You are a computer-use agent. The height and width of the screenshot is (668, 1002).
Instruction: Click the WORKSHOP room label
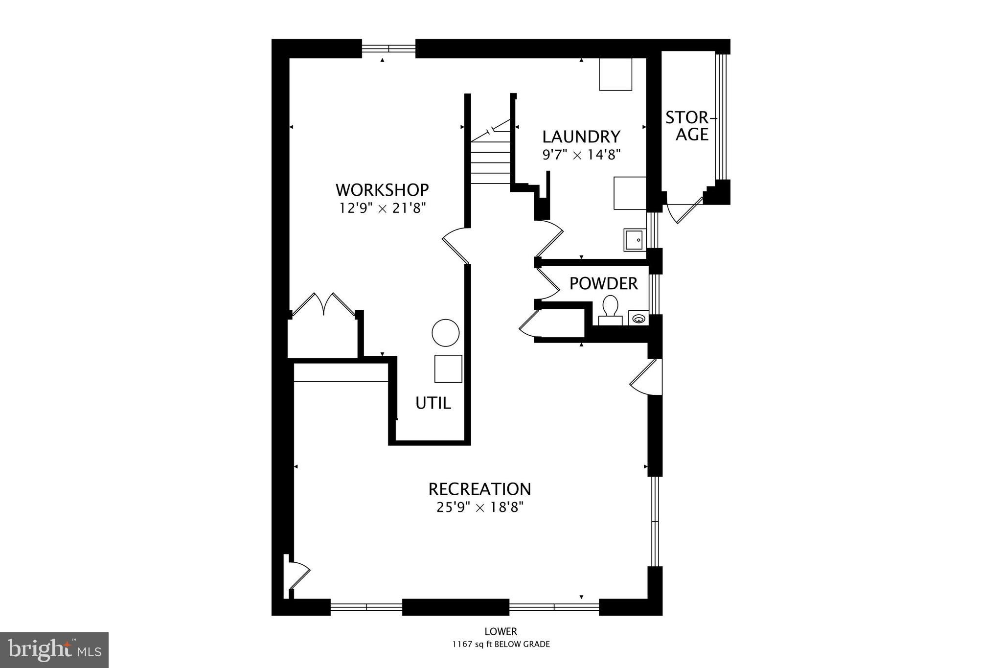(x=382, y=189)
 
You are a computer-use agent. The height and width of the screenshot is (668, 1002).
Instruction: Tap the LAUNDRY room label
(x=581, y=136)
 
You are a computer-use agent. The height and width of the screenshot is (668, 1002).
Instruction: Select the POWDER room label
(x=603, y=283)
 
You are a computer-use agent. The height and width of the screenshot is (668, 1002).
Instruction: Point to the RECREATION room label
(x=479, y=489)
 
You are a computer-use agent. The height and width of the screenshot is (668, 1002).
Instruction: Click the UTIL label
(x=433, y=403)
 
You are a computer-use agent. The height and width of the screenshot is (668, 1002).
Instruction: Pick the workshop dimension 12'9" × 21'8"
(x=383, y=208)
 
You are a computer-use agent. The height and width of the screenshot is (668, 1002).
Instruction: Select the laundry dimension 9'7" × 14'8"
(x=581, y=155)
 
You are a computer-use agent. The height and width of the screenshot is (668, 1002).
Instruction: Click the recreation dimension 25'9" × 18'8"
(x=479, y=507)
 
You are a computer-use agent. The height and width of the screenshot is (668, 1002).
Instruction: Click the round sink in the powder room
(x=638, y=319)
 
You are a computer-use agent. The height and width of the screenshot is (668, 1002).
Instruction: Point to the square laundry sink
(x=635, y=240)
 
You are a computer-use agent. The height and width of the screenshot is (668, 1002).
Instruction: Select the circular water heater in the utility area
(x=445, y=333)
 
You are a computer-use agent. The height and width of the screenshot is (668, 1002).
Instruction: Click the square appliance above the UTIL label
(x=448, y=369)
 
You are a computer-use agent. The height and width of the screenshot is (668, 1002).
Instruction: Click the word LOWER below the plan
(x=501, y=632)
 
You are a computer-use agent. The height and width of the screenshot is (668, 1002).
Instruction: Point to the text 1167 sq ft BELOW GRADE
(x=501, y=645)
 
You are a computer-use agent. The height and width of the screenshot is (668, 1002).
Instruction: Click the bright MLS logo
(x=54, y=650)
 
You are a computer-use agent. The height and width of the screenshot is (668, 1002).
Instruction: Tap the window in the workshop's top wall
(x=388, y=48)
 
